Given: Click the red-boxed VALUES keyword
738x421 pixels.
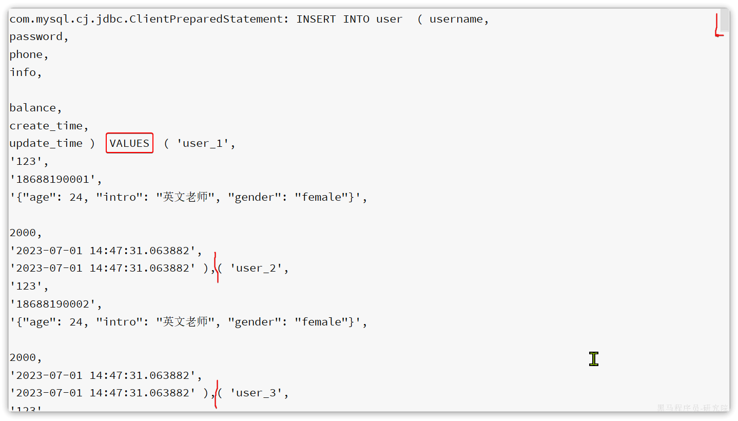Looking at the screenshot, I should (129, 143).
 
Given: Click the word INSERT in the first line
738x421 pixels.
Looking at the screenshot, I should (316, 19).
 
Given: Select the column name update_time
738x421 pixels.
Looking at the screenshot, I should (46, 143).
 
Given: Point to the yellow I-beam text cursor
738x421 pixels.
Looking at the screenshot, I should (594, 359).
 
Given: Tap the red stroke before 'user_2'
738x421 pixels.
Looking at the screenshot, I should (217, 267).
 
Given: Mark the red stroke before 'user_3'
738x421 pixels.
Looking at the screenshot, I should (217, 394).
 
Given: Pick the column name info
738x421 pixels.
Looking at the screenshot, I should (23, 72).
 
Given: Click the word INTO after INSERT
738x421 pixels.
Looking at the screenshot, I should (356, 19).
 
